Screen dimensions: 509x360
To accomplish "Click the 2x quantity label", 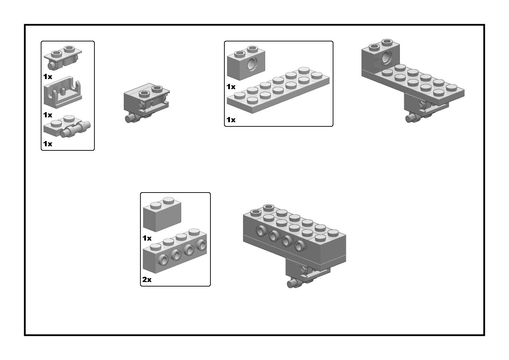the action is pos(147,279).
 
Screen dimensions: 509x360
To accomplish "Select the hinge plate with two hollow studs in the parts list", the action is pos(63,58).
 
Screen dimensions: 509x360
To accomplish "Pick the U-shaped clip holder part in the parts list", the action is pos(63,92).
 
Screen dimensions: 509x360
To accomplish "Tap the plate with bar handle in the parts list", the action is pos(67,126).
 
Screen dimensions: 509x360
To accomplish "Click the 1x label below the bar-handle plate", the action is pos(48,144).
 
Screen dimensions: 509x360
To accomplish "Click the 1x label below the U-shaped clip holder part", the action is pos(48,115).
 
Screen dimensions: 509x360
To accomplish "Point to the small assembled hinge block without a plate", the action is pos(147,103).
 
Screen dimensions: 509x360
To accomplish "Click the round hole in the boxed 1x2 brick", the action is pos(252,64).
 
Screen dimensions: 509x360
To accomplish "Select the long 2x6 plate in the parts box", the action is pos(278,91).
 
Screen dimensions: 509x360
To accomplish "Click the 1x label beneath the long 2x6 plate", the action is pos(231,120).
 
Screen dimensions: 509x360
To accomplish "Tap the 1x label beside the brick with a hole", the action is pos(231,87).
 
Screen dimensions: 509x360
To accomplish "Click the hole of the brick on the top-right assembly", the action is pos(387,57).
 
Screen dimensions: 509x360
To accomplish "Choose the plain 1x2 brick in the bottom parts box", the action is pos(162,214).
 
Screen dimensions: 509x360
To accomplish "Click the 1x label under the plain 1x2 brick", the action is pos(147,238).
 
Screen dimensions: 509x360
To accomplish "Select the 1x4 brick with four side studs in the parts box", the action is pos(175,251).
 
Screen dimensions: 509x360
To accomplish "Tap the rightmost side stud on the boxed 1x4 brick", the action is pos(202,245).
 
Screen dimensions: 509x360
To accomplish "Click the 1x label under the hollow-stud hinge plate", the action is pos(48,77).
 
